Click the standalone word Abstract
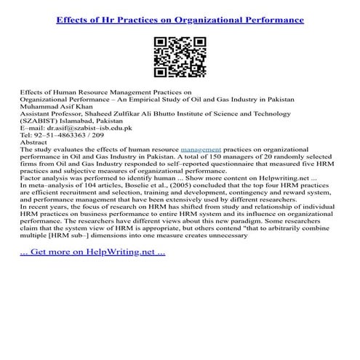point(34,140)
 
